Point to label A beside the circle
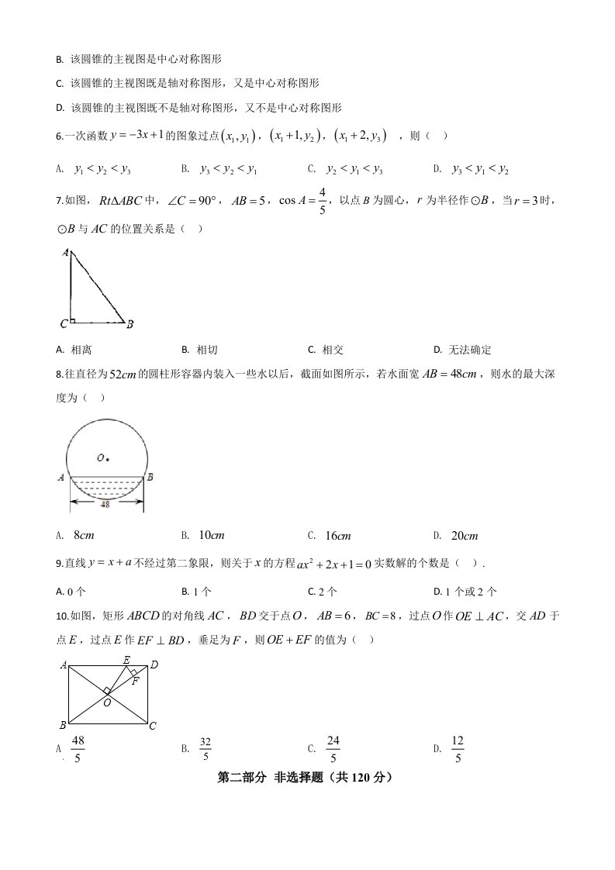[60, 478]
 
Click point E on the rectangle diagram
[126, 660]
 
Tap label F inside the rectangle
[134, 682]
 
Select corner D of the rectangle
[154, 665]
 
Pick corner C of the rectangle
[153, 726]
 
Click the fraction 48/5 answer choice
[78, 749]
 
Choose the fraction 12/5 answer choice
[458, 749]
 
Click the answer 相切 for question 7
[207, 350]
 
